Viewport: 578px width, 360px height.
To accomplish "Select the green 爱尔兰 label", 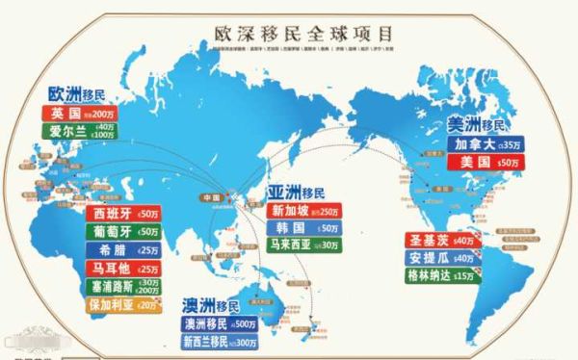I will point(82,130).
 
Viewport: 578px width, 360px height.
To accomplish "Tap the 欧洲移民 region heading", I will point(77,94).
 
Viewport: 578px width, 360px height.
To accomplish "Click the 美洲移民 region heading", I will point(479,125).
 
